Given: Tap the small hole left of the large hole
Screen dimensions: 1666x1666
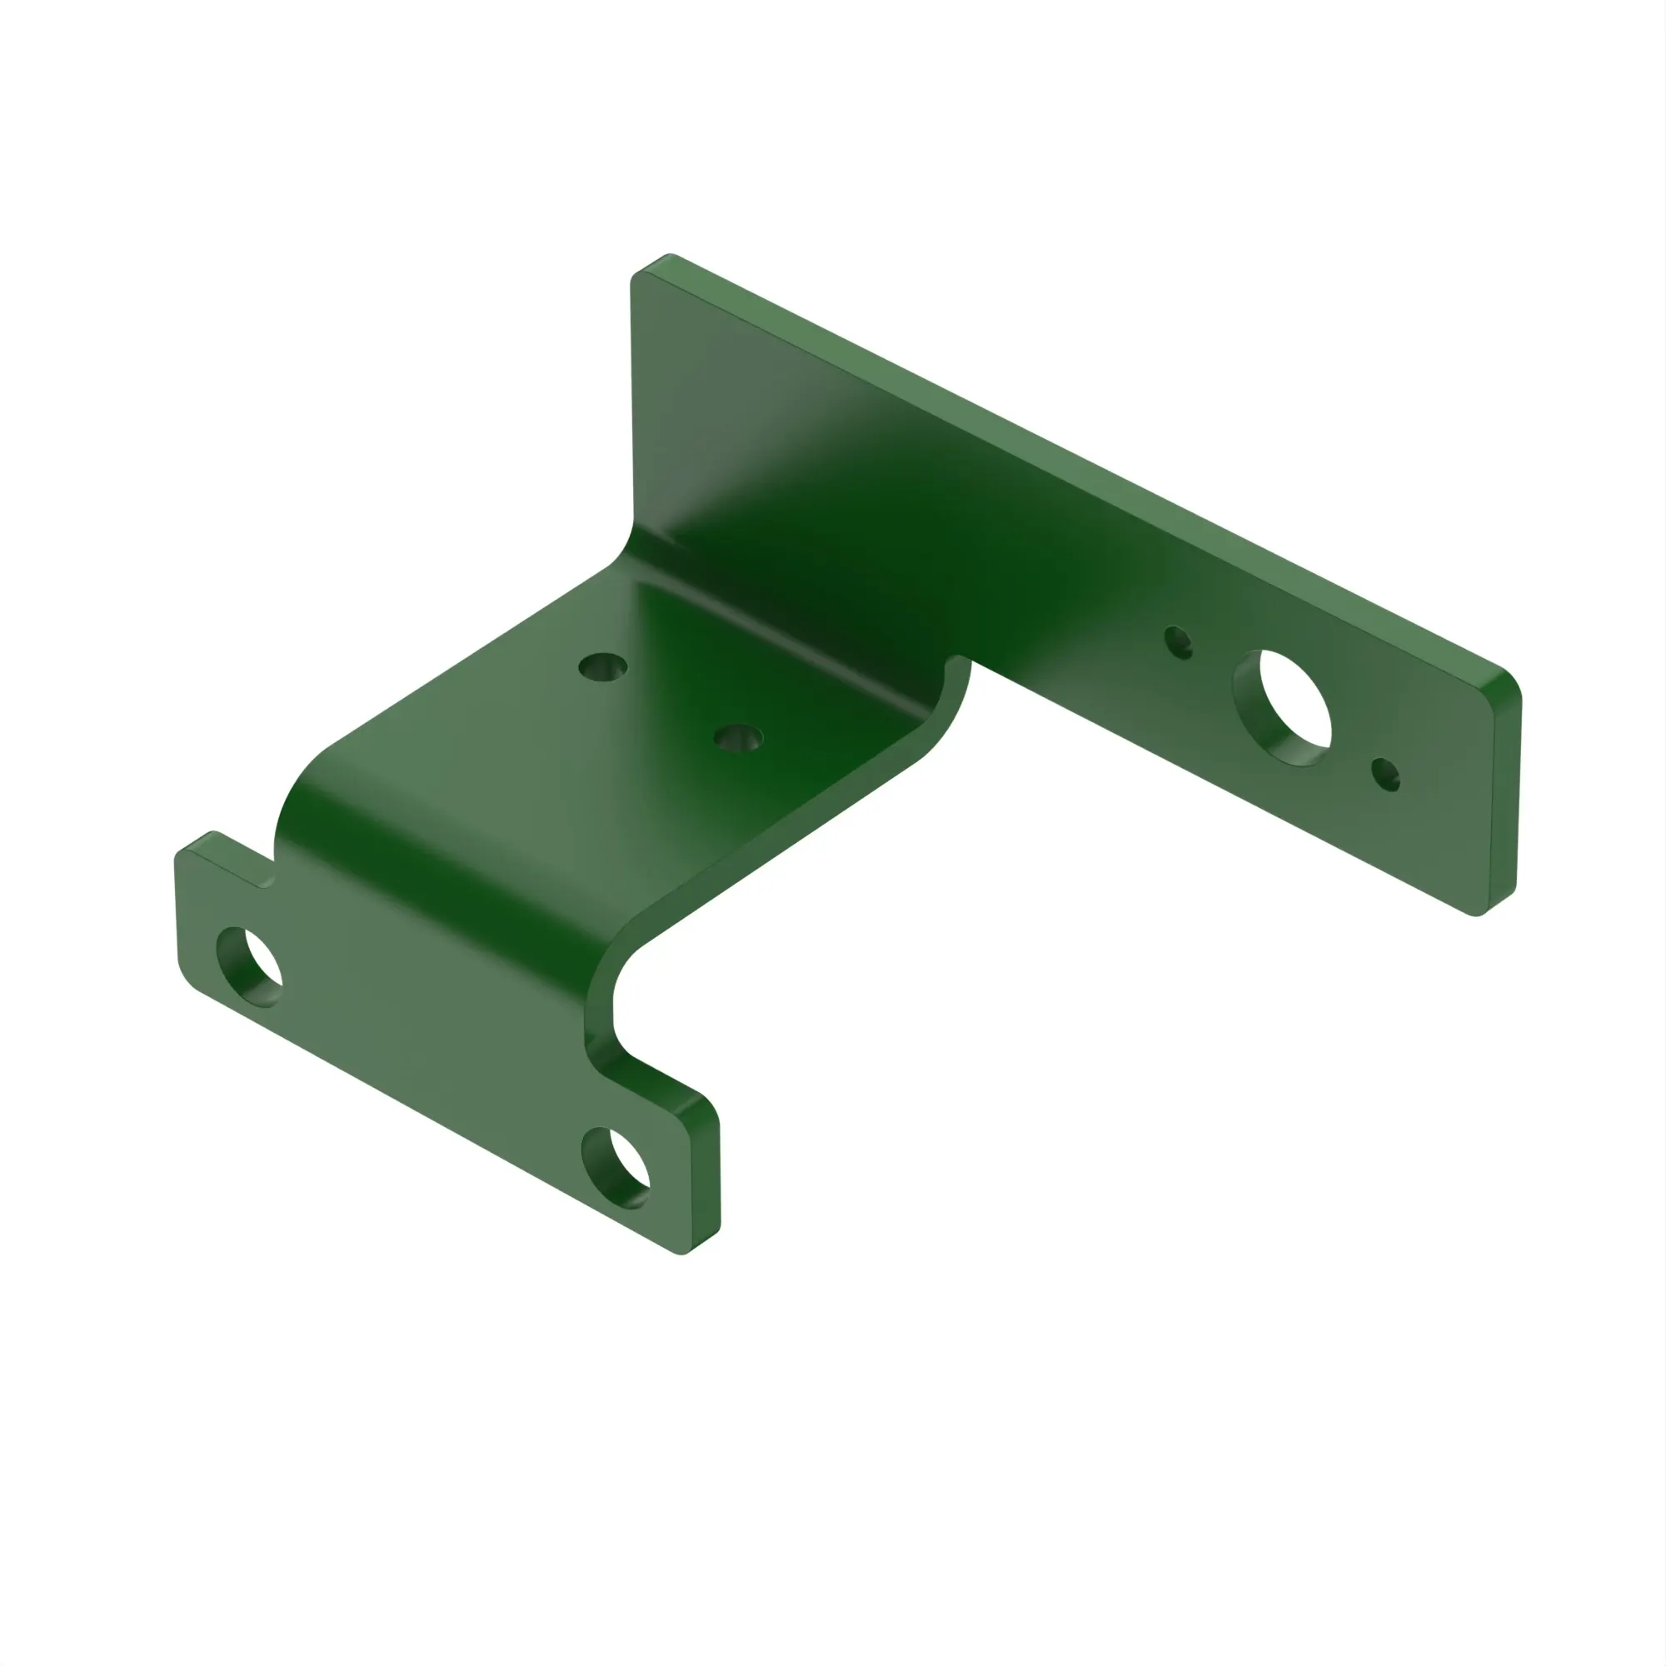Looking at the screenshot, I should point(1178,642).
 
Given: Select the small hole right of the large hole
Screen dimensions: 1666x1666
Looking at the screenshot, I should point(1386,775).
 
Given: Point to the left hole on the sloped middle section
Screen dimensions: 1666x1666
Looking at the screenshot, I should point(603,666).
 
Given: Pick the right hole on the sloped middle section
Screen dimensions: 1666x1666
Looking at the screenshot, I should point(738,737).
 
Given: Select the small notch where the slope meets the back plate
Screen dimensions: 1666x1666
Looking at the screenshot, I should point(955,664).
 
